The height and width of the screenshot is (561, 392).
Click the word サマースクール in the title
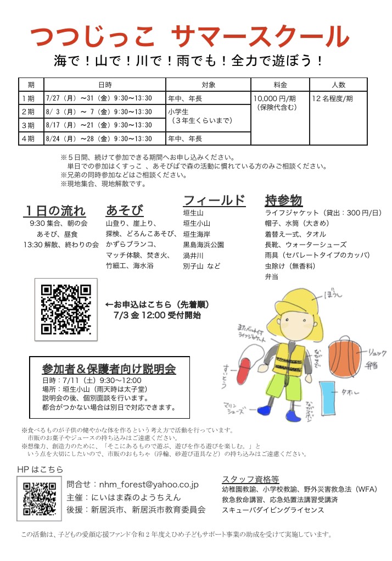point(260,37)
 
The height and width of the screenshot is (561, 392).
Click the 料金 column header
point(280,85)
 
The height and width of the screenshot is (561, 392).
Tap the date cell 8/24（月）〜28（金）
point(99,139)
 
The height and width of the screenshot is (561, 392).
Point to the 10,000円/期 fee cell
point(276,98)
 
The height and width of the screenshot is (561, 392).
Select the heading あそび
point(125,211)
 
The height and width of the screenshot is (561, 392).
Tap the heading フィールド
point(214,200)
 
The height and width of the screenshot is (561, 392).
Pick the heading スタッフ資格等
point(250,479)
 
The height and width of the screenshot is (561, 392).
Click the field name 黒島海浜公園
point(203,245)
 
